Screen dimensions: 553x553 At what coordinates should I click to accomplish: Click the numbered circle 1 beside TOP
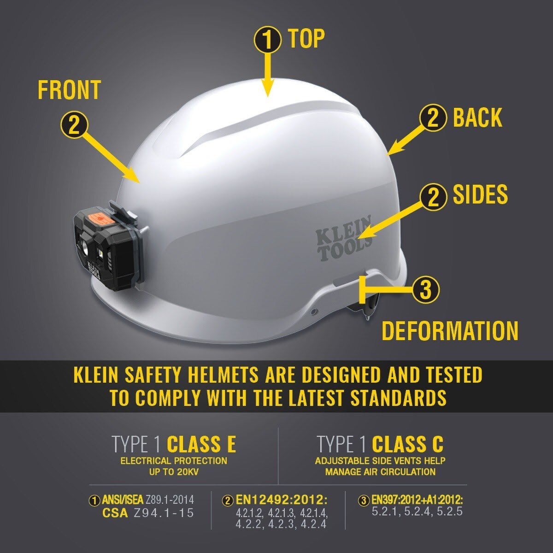click(x=267, y=40)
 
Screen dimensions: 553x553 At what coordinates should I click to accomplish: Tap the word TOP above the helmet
click(x=306, y=39)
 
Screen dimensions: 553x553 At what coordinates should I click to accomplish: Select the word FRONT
click(x=69, y=90)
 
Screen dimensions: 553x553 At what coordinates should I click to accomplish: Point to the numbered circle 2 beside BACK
click(x=433, y=118)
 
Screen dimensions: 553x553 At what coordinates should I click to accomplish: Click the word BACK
click(x=477, y=118)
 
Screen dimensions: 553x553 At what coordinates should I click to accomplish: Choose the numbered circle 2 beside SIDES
click(x=433, y=197)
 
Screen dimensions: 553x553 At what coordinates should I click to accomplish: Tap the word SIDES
click(x=480, y=194)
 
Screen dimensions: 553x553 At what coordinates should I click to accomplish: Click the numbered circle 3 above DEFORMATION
click(x=425, y=290)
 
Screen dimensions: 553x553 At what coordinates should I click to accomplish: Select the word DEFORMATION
click(x=450, y=331)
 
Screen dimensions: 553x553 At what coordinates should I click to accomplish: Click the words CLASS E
click(x=201, y=445)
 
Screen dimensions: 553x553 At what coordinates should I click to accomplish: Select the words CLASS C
click(x=407, y=445)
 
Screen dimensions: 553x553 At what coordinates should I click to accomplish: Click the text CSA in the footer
click(x=115, y=513)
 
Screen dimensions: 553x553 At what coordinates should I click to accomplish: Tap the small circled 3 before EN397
click(x=365, y=500)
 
